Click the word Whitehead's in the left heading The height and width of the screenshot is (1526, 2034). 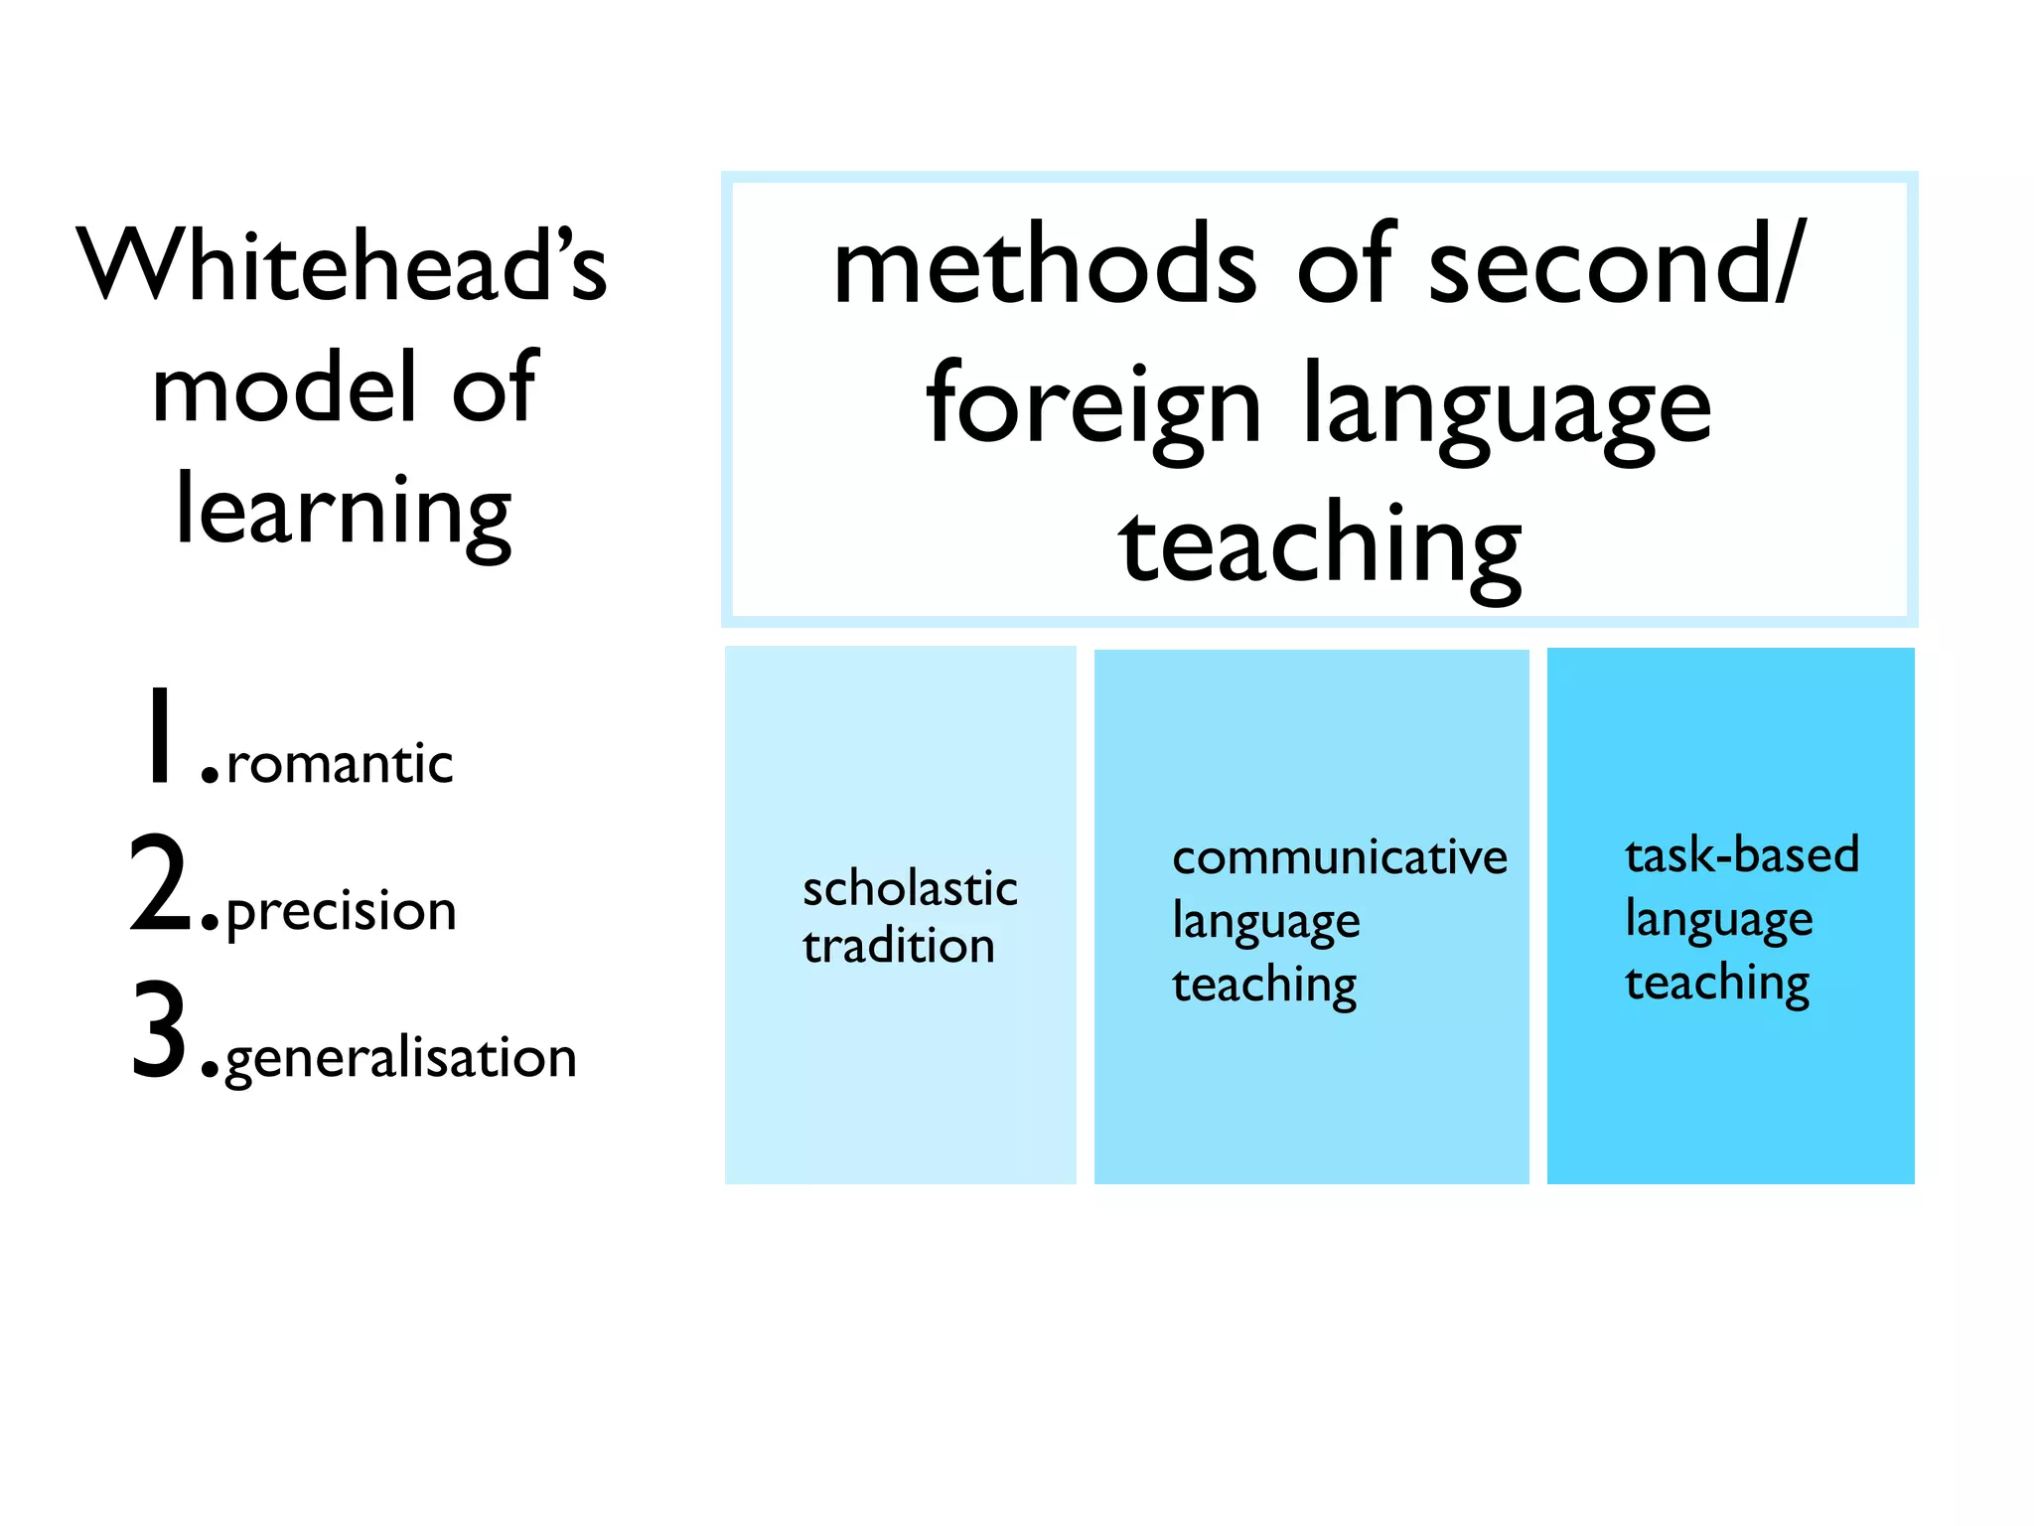tap(342, 265)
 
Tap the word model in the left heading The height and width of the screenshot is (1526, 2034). tap(284, 388)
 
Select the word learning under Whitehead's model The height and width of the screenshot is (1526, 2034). tap(344, 513)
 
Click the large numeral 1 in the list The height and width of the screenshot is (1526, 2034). tap(159, 734)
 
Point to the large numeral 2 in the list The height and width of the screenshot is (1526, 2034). tap(159, 883)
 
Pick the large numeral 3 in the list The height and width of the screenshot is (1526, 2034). tap(159, 1029)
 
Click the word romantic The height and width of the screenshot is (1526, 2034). tap(340, 765)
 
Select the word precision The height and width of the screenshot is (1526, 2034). tap(342, 912)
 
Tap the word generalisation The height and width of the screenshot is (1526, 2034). tap(401, 1059)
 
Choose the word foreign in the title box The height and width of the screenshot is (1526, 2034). tap(1093, 406)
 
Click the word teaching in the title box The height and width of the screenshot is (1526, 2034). tap(1320, 547)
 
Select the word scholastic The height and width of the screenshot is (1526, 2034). tap(910, 888)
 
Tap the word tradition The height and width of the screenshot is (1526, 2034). tap(899, 946)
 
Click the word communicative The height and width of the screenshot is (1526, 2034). tap(1340, 857)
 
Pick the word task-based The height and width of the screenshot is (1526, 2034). tap(1742, 855)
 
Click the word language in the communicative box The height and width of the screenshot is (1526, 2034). tap(1266, 922)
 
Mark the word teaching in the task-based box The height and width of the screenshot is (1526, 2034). tap(1717, 984)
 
